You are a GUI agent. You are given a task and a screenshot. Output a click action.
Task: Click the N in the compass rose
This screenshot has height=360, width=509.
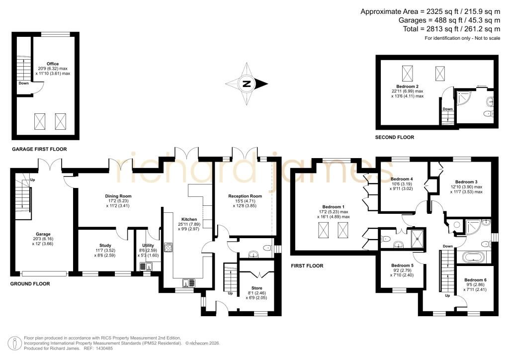click(x=247, y=84)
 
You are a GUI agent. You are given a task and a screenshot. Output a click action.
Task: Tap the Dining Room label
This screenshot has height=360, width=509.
click(x=118, y=196)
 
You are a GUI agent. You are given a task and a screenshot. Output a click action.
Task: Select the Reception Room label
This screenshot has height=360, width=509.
click(x=245, y=196)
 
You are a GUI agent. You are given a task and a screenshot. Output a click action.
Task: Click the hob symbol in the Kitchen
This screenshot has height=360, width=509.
click(x=169, y=247)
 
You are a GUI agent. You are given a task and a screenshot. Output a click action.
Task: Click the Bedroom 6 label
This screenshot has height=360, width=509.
click(x=475, y=280)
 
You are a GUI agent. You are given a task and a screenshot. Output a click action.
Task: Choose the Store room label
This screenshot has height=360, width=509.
click(x=256, y=288)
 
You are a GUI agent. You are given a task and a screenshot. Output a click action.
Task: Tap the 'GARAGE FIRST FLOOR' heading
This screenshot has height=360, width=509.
click(x=39, y=149)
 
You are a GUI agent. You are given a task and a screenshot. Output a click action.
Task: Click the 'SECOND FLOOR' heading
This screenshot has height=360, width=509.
click(x=394, y=137)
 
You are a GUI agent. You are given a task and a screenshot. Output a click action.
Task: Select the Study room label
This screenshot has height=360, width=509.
click(x=105, y=246)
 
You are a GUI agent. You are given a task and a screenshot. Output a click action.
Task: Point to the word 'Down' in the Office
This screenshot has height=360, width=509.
click(x=24, y=84)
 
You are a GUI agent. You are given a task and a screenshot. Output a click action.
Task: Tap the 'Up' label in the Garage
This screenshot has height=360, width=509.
click(x=32, y=180)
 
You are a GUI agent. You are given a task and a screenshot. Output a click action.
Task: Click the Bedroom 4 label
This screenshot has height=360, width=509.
click(x=402, y=179)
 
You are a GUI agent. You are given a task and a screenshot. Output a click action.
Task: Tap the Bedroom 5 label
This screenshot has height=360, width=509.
click(x=402, y=265)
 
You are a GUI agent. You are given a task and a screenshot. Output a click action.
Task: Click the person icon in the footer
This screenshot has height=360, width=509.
click(x=14, y=344)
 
